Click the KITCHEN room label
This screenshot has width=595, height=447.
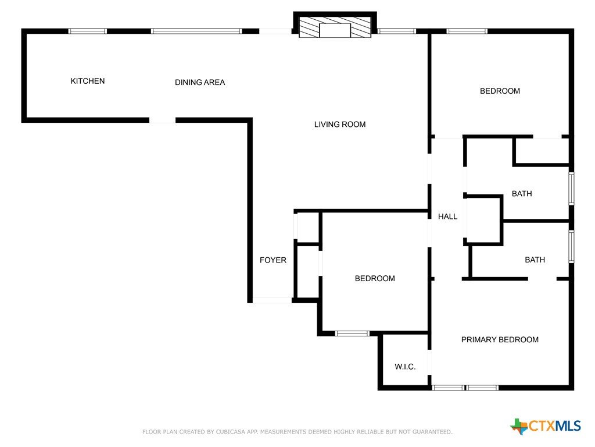coord(88,81)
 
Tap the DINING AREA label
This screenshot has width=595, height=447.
coord(200,82)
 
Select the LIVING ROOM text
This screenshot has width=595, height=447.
coord(340,125)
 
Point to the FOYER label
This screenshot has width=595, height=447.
coord(273,260)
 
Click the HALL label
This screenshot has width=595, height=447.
coord(448,217)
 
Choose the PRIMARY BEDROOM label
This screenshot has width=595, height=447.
coord(500,339)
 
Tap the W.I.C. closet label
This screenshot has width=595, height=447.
coord(405,367)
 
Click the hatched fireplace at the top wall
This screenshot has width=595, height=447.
coord(335,27)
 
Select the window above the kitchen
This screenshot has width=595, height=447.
coord(88,31)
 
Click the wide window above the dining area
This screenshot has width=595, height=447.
coord(196,31)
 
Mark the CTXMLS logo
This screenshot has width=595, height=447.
coord(546,426)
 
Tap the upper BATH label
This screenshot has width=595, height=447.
coord(522,193)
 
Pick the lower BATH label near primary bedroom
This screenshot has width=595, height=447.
coord(535,260)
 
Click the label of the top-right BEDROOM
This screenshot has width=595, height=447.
coord(500,91)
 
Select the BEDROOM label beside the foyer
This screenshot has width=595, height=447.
coord(375,278)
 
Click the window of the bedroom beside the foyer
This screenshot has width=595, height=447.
coord(352,334)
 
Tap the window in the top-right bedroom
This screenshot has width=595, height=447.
coord(467,31)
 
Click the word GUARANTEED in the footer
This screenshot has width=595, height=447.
coord(432,432)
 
